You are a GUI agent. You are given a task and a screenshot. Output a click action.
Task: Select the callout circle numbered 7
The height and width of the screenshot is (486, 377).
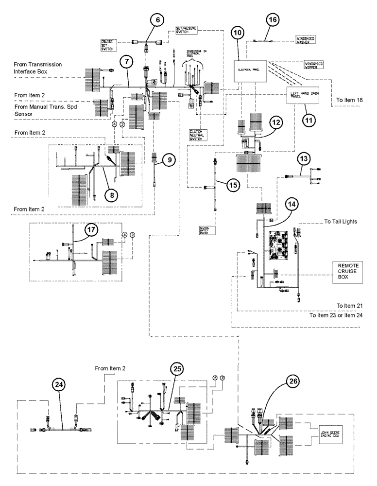(126, 62)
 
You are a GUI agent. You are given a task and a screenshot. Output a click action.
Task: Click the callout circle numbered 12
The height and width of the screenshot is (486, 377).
(275, 123)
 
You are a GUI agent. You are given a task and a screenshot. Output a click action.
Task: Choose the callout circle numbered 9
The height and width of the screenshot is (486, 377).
(168, 159)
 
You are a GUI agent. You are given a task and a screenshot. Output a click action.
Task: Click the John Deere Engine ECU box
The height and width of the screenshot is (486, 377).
(332, 431)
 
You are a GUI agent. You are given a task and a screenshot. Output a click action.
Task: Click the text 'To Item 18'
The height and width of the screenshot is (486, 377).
(349, 101)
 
